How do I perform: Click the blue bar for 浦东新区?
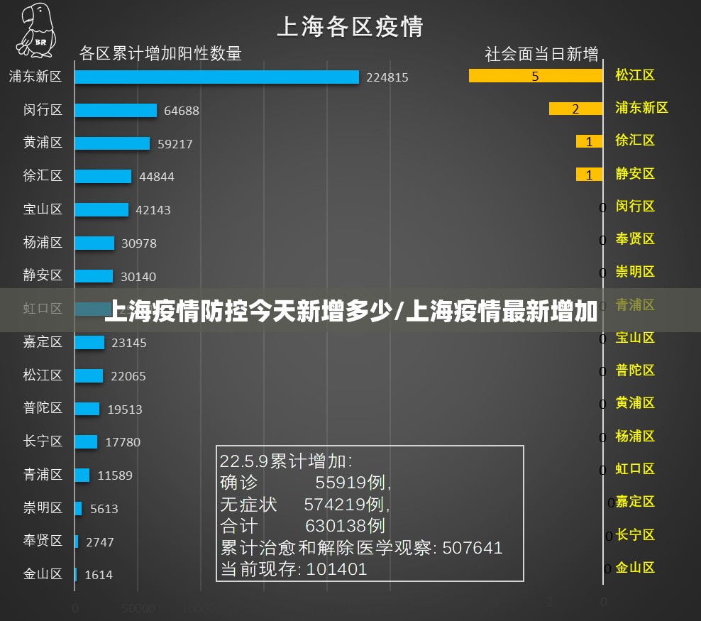click(216, 77)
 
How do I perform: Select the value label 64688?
click(181, 111)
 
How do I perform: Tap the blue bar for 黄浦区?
click(112, 143)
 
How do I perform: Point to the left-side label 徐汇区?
click(43, 176)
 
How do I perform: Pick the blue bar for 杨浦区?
click(94, 243)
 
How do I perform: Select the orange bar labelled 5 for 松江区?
click(535, 75)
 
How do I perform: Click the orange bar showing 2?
click(575, 109)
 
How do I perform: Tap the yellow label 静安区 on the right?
click(635, 173)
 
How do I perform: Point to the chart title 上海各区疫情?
click(350, 26)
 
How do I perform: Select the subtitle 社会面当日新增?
click(541, 53)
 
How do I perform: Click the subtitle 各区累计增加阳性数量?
click(160, 53)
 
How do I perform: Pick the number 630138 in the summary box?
click(345, 526)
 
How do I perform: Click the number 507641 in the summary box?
click(473, 548)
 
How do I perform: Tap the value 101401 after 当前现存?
click(336, 569)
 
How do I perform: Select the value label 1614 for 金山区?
click(99, 575)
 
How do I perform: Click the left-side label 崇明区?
click(43, 508)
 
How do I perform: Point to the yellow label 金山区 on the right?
click(635, 567)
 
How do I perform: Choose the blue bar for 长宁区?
click(86, 441)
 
